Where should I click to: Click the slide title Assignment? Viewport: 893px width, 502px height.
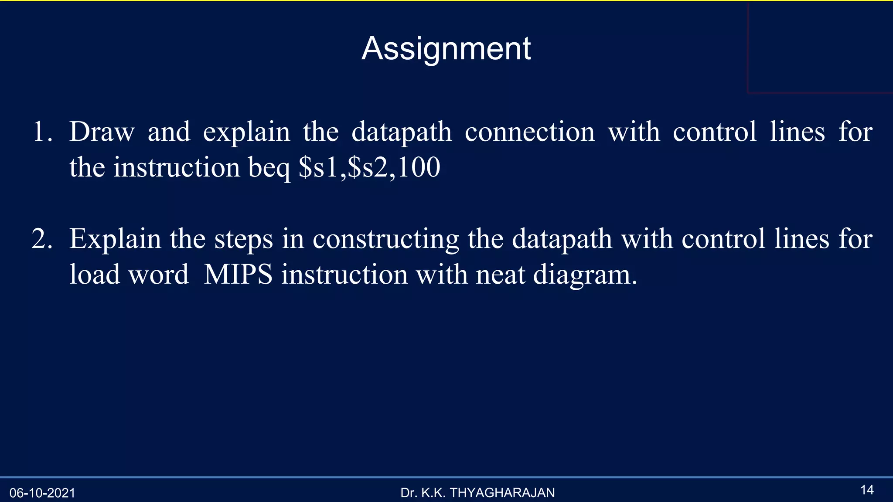click(446, 49)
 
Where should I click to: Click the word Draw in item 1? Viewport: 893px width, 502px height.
click(102, 132)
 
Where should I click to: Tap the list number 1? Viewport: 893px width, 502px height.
click(42, 132)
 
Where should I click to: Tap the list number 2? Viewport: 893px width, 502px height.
click(42, 239)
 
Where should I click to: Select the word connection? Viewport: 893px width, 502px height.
click(529, 132)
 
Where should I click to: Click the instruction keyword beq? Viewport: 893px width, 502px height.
click(269, 168)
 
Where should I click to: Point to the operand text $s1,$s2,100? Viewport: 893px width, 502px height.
click(369, 167)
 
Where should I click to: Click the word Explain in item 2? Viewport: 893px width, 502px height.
click(115, 240)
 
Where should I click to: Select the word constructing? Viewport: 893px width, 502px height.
click(385, 240)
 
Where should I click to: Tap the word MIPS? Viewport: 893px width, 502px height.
click(238, 275)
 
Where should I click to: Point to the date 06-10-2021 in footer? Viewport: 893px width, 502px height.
click(42, 493)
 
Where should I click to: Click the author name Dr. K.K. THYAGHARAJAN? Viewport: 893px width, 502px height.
click(477, 492)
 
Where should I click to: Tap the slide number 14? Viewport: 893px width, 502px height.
click(867, 490)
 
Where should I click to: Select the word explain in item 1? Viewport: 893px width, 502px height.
click(246, 132)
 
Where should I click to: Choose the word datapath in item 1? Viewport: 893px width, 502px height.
click(401, 132)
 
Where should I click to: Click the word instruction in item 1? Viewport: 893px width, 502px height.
click(177, 167)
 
